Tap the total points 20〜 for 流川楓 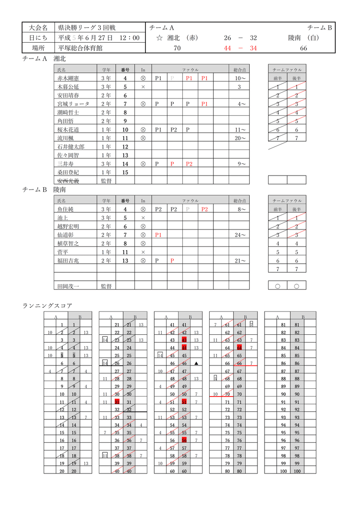[x=240, y=138]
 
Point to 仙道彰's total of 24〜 [x=240, y=235]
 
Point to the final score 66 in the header [x=303, y=48]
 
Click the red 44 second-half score [x=228, y=48]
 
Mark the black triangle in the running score [x=196, y=363]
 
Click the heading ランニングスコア [x=47, y=306]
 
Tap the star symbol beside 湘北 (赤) [x=159, y=38]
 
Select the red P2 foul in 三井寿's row [x=189, y=164]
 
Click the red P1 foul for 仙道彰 [x=158, y=235]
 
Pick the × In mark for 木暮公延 [x=143, y=87]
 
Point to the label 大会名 [x=38, y=28]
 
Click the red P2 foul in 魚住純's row [x=205, y=209]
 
